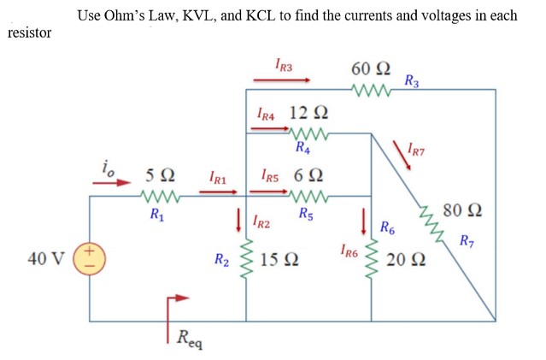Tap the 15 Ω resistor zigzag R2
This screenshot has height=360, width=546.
tap(247, 258)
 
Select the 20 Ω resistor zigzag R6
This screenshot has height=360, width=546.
tap(371, 258)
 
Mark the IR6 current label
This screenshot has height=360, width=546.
tap(348, 251)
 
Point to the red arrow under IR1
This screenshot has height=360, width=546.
tap(217, 192)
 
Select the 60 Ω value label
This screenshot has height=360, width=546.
tap(371, 68)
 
